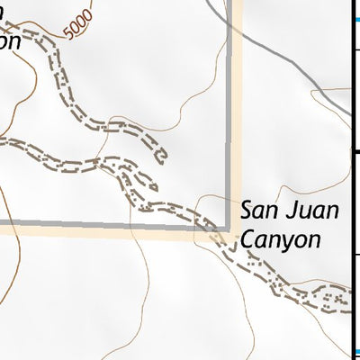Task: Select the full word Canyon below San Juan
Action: [x=280, y=240]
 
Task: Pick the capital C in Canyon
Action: [x=247, y=239]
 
